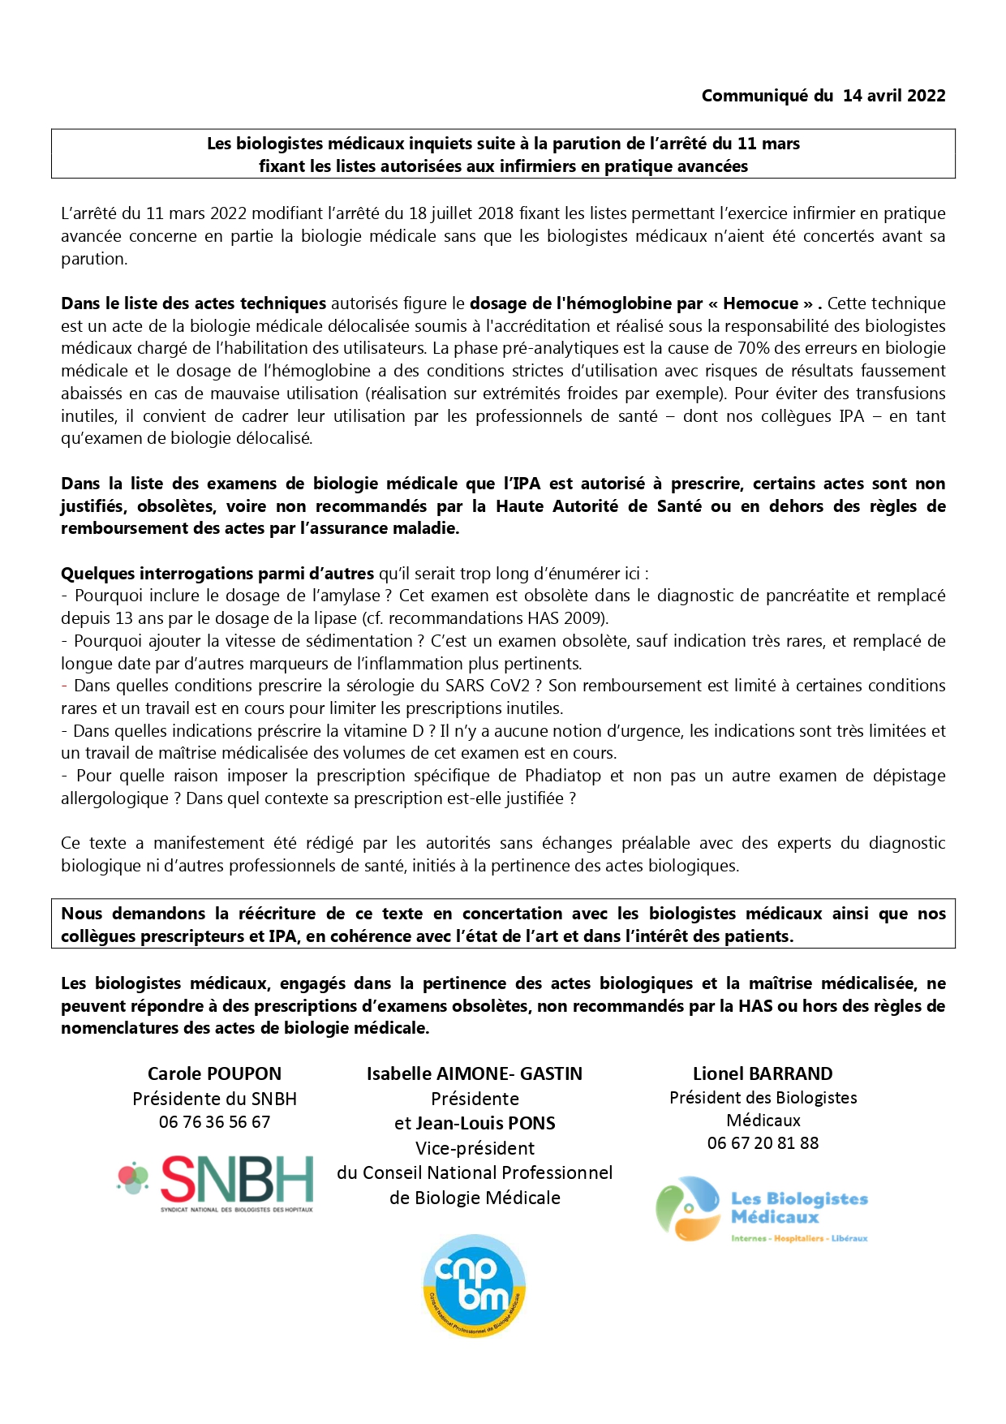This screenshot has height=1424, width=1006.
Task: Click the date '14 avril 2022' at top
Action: pos(894,96)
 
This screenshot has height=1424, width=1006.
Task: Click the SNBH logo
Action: pos(216,1181)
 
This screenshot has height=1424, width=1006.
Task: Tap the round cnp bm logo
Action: pos(475,1285)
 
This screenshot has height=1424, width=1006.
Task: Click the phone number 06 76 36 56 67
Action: pos(214,1122)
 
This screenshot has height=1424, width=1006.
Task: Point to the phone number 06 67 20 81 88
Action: pos(763,1143)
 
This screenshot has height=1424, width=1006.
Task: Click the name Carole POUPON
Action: pos(214,1073)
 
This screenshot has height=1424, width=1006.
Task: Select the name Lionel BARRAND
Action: pos(763,1073)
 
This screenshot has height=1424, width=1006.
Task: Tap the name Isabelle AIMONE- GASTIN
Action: pos(475,1073)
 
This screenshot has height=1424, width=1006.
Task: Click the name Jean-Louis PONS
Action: pos(485,1124)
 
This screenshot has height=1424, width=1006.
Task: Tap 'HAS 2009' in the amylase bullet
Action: pos(565,618)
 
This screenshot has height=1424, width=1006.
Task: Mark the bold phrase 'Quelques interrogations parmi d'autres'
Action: pos(217,574)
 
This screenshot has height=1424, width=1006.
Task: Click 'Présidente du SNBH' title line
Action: pos(214,1099)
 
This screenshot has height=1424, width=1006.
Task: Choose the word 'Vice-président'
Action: pos(475,1149)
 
